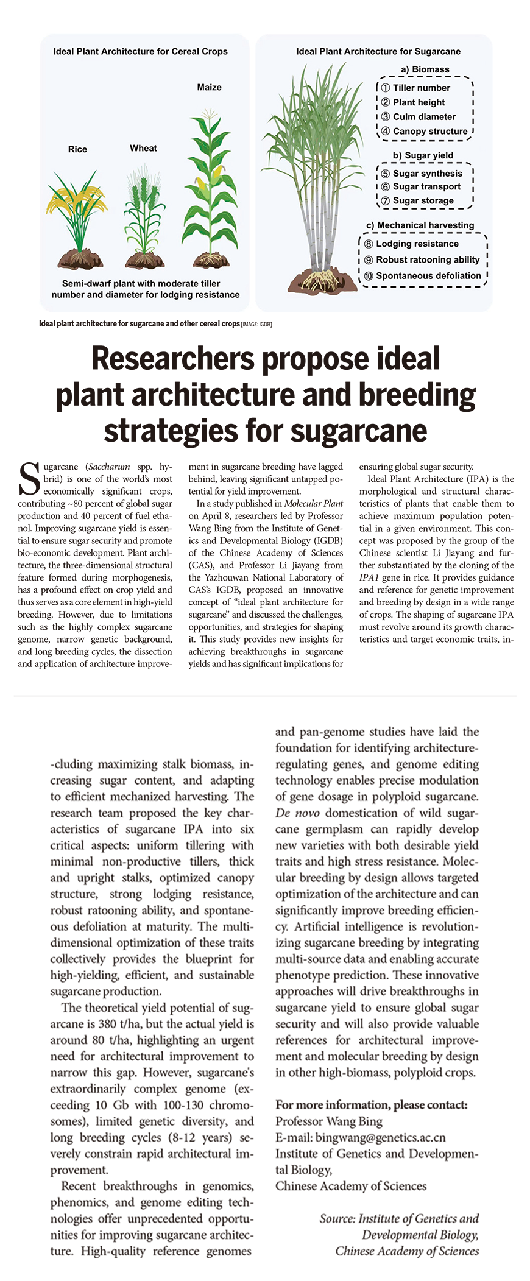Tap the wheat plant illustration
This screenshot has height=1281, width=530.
144,216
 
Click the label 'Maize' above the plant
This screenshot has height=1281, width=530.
209,87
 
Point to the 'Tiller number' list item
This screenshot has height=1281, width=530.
421,88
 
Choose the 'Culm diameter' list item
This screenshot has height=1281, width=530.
424,116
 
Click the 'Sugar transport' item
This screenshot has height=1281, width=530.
426,186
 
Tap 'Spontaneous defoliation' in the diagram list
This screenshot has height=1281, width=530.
428,275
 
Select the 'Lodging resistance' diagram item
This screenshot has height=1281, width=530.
417,244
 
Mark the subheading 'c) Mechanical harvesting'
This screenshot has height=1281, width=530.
420,225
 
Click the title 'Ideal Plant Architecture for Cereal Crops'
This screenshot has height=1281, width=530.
140,51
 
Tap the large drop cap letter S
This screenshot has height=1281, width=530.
30,479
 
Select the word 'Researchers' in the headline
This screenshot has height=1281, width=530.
172,358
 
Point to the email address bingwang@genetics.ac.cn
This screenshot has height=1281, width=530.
380,1137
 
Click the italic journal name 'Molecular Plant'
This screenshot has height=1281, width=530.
313,504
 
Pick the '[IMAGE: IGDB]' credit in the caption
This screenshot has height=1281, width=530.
256,324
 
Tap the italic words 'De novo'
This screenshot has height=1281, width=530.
297,813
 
